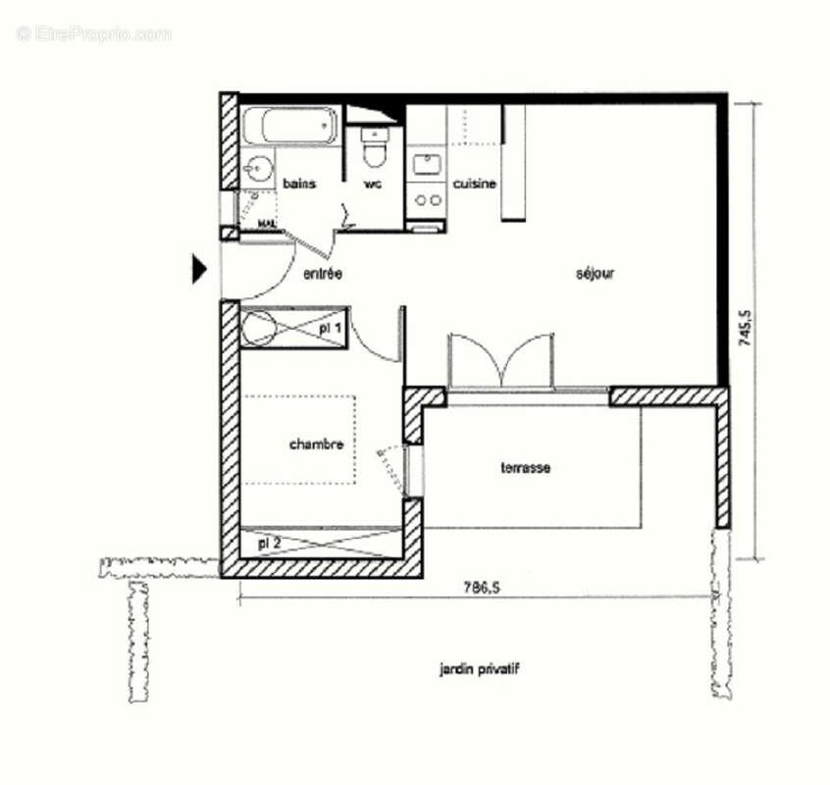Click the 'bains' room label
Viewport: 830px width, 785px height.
299,183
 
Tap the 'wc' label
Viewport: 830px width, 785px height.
373,183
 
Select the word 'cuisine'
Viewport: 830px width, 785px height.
474,183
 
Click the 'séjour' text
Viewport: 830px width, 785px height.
595,274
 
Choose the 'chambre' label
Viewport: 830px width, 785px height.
316,445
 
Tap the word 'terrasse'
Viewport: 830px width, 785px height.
525,468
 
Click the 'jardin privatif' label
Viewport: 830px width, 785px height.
479,669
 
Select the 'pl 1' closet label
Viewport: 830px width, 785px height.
332,327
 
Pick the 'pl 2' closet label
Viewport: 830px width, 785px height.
269,542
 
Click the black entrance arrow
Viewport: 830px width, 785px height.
198,269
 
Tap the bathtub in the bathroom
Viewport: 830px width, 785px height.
290,126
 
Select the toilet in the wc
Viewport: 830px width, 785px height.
374,149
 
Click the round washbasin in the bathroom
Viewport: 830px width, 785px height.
258,170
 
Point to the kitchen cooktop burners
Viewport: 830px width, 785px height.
427,200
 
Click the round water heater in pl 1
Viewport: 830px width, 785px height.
259,329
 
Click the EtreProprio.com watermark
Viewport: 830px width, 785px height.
93,33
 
